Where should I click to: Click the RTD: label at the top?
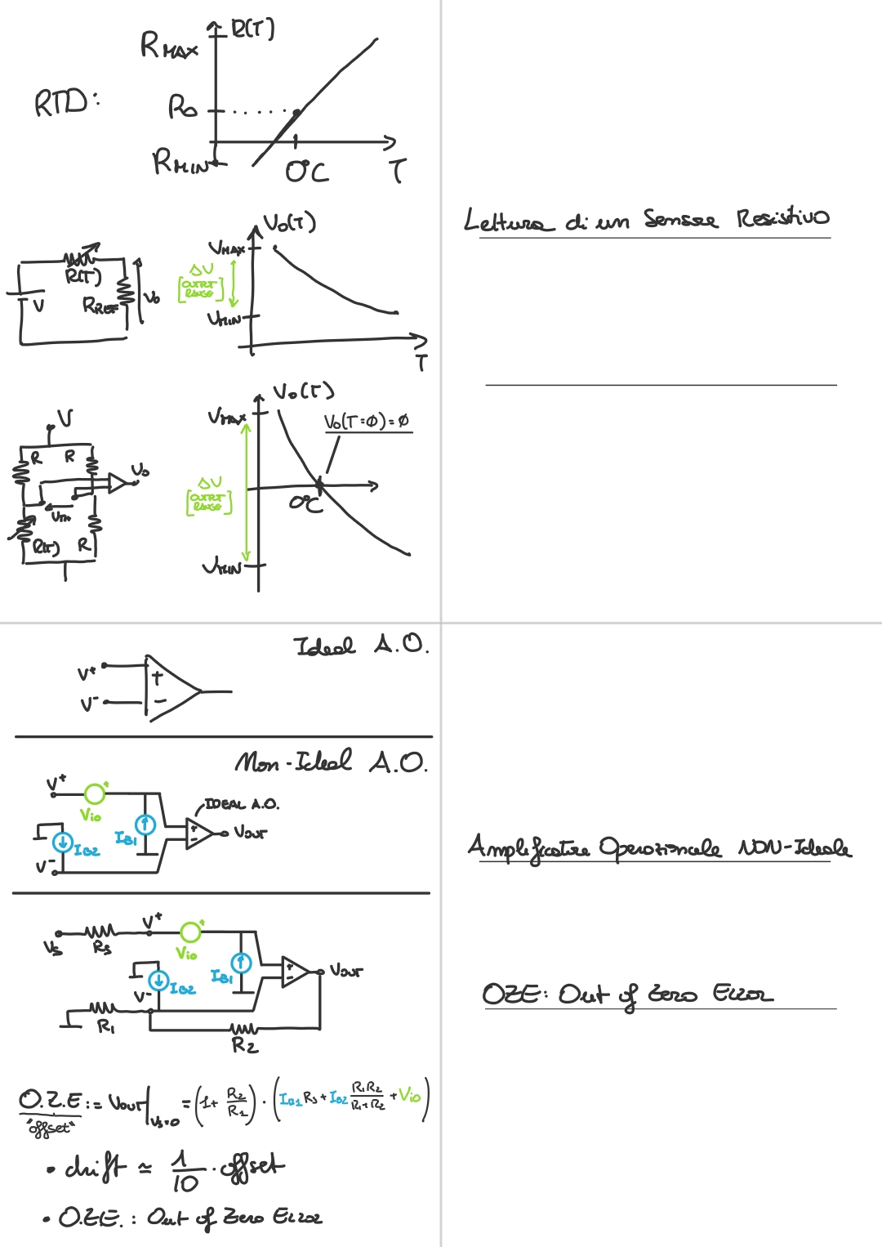(x=65, y=103)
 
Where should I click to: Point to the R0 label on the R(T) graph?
(x=182, y=107)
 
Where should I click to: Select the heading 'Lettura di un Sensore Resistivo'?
(x=646, y=220)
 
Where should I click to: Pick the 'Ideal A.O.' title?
(x=360, y=646)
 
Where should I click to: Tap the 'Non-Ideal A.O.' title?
(x=331, y=762)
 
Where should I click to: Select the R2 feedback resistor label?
(x=244, y=1045)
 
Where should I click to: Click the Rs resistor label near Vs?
(x=101, y=948)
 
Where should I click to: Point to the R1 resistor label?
(x=106, y=1026)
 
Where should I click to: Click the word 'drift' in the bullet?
(x=96, y=1167)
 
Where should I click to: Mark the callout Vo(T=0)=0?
(x=367, y=422)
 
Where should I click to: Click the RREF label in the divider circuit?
(x=100, y=306)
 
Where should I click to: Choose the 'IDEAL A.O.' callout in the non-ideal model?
(x=241, y=804)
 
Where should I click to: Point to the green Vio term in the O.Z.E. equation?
(x=410, y=1096)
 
